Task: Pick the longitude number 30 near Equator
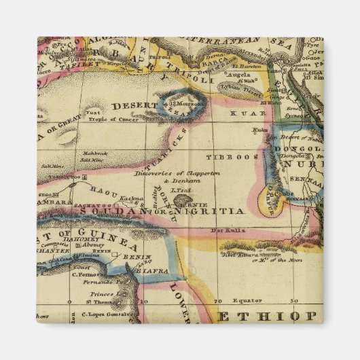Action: pos(293,300)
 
